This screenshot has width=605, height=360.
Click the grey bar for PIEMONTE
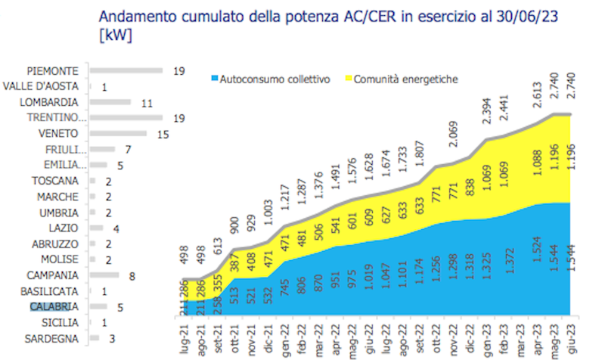coord(126,70)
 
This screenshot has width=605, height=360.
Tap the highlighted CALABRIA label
coord(52,306)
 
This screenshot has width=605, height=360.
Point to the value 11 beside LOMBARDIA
coord(148,102)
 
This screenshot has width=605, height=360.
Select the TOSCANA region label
coord(55,181)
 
